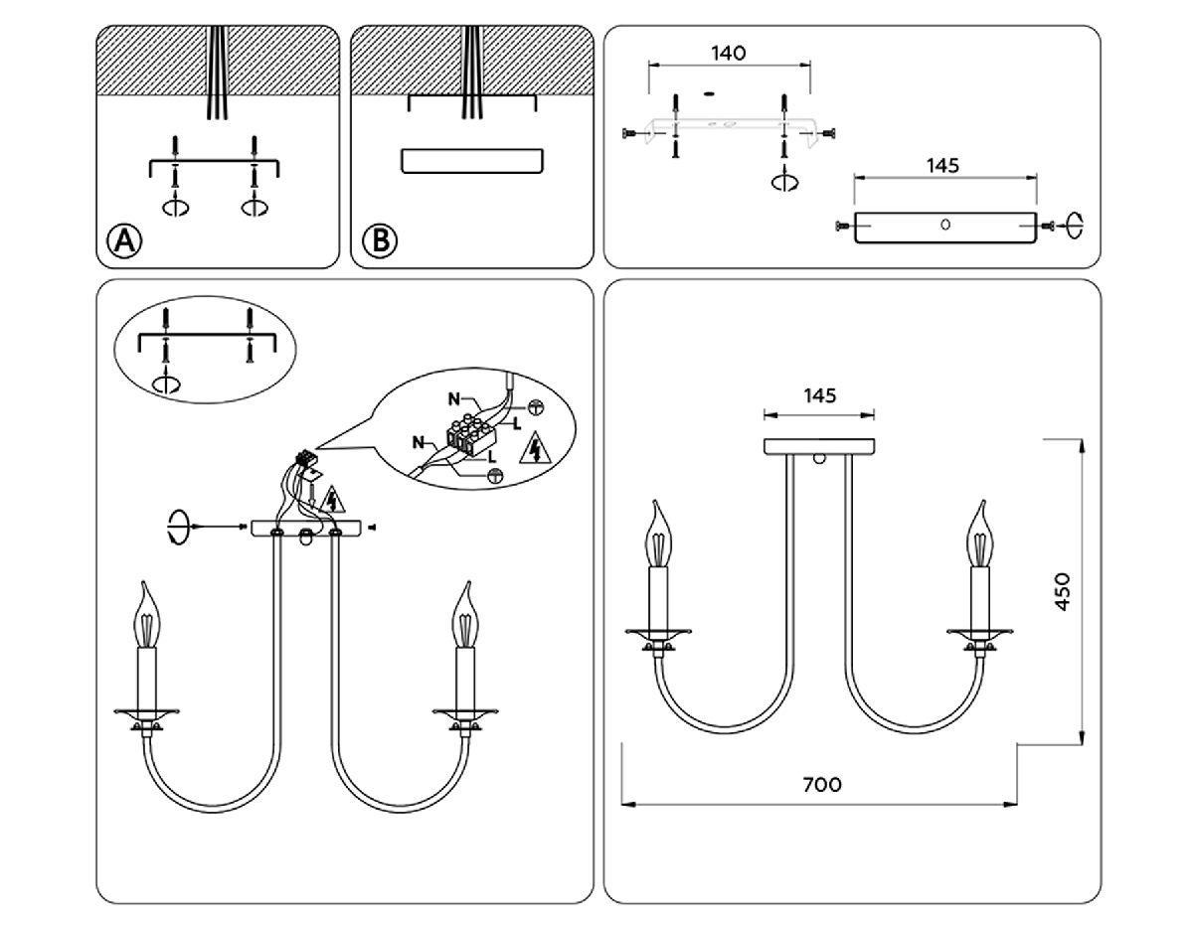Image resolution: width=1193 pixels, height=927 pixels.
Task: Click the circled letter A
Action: coord(124,239)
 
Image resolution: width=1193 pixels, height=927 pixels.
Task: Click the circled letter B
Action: coord(379,239)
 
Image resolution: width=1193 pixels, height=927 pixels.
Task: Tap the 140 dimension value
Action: coord(729,53)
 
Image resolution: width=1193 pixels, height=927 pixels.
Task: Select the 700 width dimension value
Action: coord(821,784)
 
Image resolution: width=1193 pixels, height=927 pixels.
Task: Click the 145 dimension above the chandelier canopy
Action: coord(818,395)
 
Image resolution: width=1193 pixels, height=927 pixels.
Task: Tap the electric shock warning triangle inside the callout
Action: coord(537,450)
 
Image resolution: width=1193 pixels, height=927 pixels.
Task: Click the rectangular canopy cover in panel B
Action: coord(472,161)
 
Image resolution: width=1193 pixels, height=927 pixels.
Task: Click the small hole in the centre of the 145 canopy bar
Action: coord(945,225)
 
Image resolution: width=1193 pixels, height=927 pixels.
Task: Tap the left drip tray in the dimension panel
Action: coord(658,632)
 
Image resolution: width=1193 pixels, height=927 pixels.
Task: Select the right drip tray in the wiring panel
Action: coord(464,712)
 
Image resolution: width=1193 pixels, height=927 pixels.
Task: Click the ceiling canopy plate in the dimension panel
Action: coord(818,446)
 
